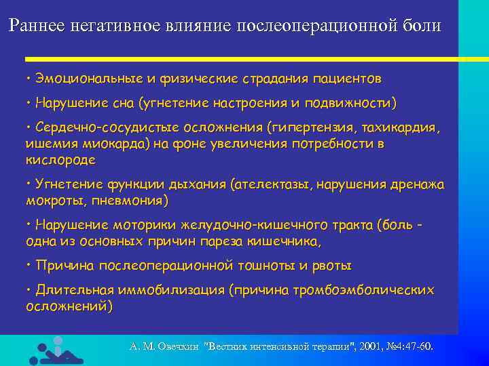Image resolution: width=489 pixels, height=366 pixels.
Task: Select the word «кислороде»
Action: [60, 160]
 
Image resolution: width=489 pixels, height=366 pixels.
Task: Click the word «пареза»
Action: [232, 241]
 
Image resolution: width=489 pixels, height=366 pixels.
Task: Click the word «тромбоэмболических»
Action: [363, 290]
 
